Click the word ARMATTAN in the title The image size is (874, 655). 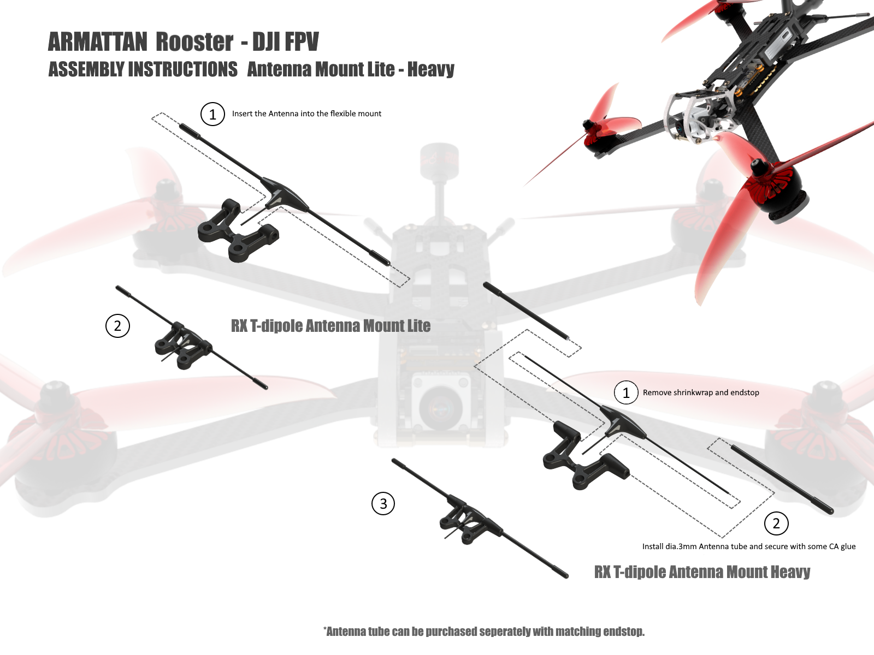98,42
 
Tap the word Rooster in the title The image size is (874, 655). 194,42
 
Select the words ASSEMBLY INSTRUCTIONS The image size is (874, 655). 143,69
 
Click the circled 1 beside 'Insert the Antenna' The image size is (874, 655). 212,114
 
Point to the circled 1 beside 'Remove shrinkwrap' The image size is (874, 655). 626,392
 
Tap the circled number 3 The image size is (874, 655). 383,503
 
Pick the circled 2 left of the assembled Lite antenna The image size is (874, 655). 117,326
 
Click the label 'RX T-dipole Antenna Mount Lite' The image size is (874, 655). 330,326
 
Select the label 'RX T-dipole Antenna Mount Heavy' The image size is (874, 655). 702,572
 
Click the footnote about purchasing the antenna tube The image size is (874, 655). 484,631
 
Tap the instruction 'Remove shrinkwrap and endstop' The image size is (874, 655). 701,392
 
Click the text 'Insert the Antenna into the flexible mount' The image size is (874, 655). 306,114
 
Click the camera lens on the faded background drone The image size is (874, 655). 440,407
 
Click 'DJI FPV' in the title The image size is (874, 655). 286,42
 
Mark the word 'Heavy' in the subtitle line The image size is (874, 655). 430,70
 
